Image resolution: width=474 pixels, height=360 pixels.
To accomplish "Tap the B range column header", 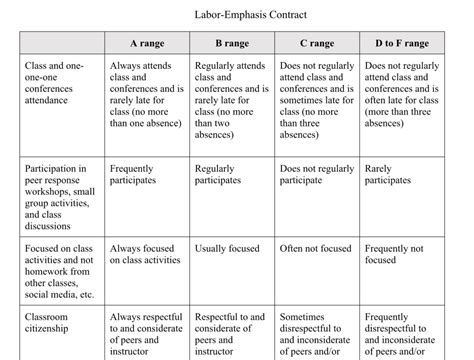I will click(232, 44).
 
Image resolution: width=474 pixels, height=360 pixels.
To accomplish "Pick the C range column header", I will click(317, 44).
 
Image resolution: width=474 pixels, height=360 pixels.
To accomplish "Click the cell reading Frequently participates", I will click(134, 175).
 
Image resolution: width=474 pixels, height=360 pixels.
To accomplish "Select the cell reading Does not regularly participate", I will click(316, 175).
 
